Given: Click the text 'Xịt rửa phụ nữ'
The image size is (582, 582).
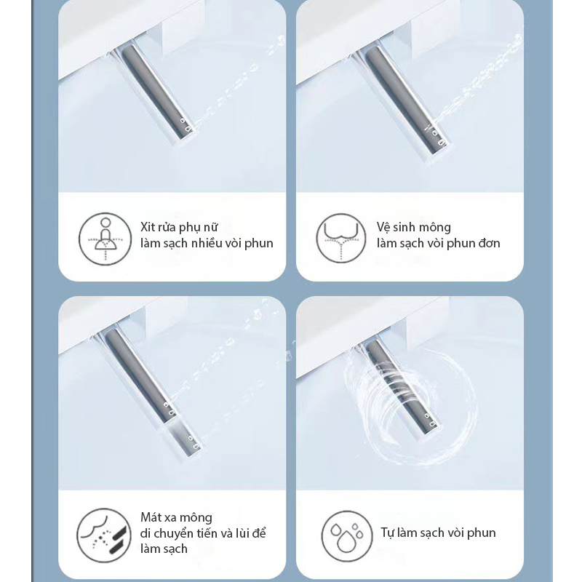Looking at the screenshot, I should click(x=179, y=227).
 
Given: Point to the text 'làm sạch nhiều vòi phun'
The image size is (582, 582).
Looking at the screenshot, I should click(x=207, y=243).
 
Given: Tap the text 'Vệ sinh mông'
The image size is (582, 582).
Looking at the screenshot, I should click(x=413, y=227).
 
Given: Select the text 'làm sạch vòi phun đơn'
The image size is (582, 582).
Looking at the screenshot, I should click(x=438, y=243).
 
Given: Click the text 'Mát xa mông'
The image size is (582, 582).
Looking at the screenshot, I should click(x=176, y=517).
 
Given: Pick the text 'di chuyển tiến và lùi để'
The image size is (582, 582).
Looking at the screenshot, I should click(x=203, y=533).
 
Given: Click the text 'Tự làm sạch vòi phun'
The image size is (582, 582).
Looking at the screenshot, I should click(x=438, y=533).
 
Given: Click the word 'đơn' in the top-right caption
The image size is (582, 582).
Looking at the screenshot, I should click(x=487, y=243).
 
